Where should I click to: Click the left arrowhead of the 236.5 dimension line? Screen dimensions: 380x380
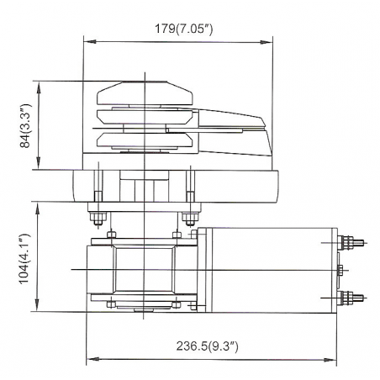88,355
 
